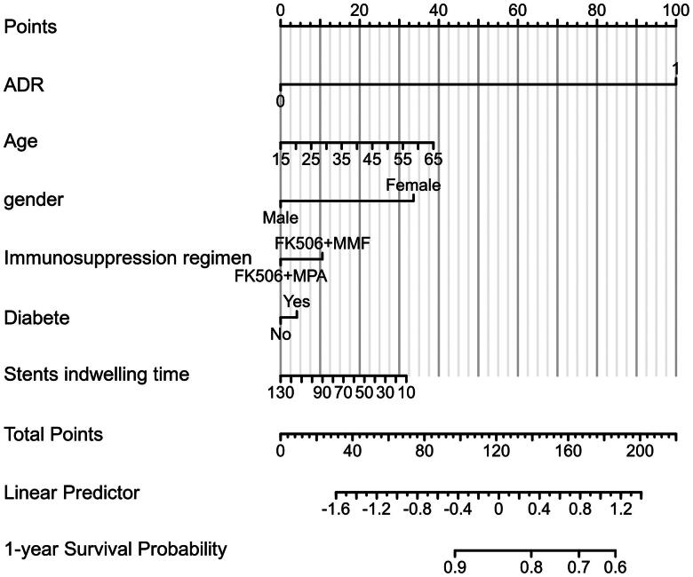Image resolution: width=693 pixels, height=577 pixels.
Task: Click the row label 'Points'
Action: point(30,27)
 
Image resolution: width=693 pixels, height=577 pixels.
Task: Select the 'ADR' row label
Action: point(24,84)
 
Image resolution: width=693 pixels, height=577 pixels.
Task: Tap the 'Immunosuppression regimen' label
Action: point(128,258)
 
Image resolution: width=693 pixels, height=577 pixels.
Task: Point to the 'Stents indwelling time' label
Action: point(97,375)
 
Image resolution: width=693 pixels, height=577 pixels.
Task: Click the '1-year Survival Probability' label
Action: point(115,549)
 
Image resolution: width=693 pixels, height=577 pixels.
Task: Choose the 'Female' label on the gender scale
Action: point(413,185)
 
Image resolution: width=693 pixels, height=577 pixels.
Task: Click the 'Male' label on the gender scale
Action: point(281,217)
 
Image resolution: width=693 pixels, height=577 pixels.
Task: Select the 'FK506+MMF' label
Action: point(323,243)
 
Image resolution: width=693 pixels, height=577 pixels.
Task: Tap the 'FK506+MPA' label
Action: point(281,276)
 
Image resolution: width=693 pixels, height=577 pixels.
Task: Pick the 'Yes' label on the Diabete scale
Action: point(297,302)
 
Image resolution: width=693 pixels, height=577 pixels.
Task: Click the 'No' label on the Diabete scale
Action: point(281,334)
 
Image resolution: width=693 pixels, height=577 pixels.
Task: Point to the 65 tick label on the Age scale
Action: point(434,160)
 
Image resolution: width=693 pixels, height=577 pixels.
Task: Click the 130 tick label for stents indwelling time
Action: point(281,392)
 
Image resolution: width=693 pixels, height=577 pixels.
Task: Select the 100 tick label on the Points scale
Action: point(676,10)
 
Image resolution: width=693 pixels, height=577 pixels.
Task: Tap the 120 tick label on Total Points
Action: point(497,451)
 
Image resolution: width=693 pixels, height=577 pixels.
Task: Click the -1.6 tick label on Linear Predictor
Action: point(336,510)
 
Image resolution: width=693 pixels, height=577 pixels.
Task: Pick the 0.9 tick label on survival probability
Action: point(455,567)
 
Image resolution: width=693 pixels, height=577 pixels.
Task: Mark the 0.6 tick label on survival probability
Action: point(616,567)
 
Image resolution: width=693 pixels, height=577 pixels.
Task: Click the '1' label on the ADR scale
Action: point(675,69)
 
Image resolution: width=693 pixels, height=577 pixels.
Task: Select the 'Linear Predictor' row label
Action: point(72,493)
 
